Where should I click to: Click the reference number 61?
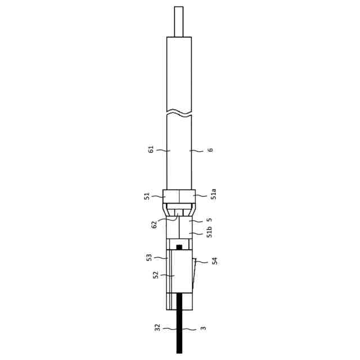(151, 150)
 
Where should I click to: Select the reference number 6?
(210, 150)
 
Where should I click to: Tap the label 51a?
(214, 194)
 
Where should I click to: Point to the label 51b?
(209, 232)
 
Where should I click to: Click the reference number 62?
(154, 224)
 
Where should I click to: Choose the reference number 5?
(209, 220)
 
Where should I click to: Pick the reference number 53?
(149, 258)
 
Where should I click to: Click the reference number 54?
(214, 261)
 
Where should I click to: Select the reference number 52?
(156, 275)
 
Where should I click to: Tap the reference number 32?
(157, 327)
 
